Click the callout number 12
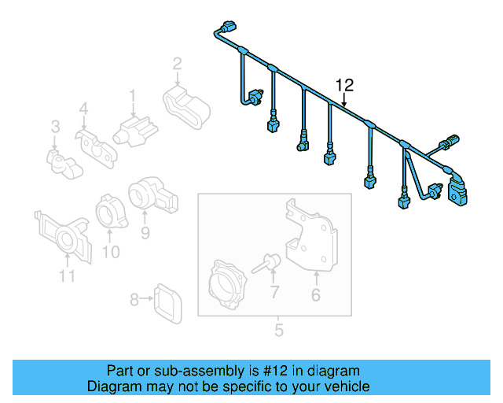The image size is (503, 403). tap(345, 84)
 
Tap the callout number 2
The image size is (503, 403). tap(178, 64)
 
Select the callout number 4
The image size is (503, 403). tap(83, 109)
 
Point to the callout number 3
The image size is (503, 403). tap(55, 126)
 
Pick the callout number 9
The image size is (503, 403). tap(145, 232)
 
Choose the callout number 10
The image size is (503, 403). tap(111, 252)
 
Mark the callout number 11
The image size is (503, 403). tap(67, 275)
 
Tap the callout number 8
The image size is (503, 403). tap(134, 299)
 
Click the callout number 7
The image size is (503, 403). tap(274, 294)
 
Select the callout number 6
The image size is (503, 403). tap(316, 296)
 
